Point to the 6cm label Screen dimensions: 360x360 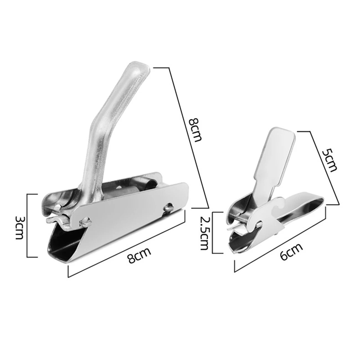tap(290, 251)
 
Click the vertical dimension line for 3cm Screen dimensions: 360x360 tap(28, 226)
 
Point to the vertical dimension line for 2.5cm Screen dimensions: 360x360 tap(213, 233)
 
